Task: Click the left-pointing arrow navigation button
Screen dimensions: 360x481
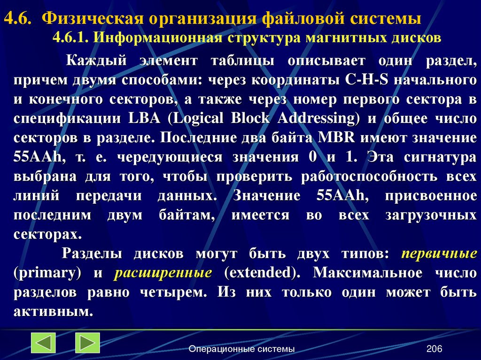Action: coord(43,343)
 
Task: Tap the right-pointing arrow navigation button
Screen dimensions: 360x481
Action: coord(87,343)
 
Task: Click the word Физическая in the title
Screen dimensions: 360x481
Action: coord(92,19)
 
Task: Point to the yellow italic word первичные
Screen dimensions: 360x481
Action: coord(439,254)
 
